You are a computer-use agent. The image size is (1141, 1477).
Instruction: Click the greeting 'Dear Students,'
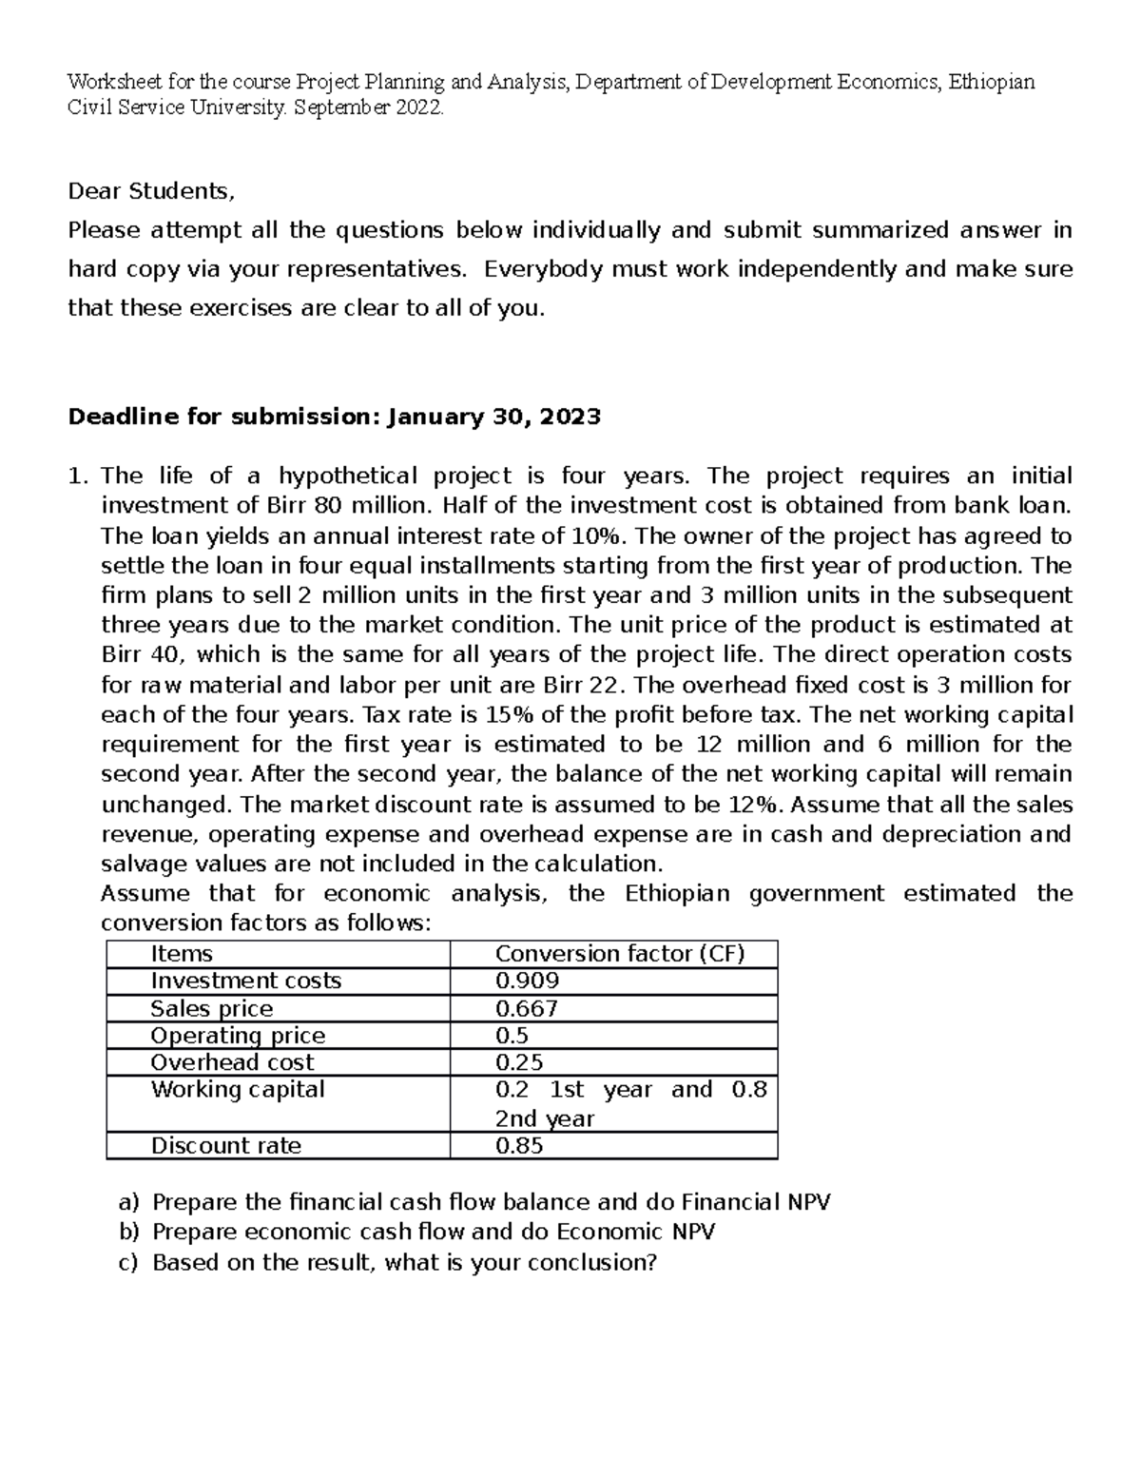click(150, 191)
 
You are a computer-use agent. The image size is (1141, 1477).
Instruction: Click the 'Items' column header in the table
click(182, 954)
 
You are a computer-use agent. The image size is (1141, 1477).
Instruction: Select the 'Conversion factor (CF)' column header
click(620, 954)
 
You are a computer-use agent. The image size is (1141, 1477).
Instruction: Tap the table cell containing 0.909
click(527, 981)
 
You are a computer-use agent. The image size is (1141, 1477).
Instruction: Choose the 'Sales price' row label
click(211, 1008)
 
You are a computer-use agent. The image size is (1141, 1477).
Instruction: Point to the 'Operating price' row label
click(238, 1035)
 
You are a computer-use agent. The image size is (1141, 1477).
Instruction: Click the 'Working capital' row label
click(238, 1089)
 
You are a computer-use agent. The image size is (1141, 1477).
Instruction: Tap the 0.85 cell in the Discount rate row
click(519, 1145)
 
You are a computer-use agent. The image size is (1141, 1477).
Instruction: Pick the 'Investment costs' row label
click(245, 981)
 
